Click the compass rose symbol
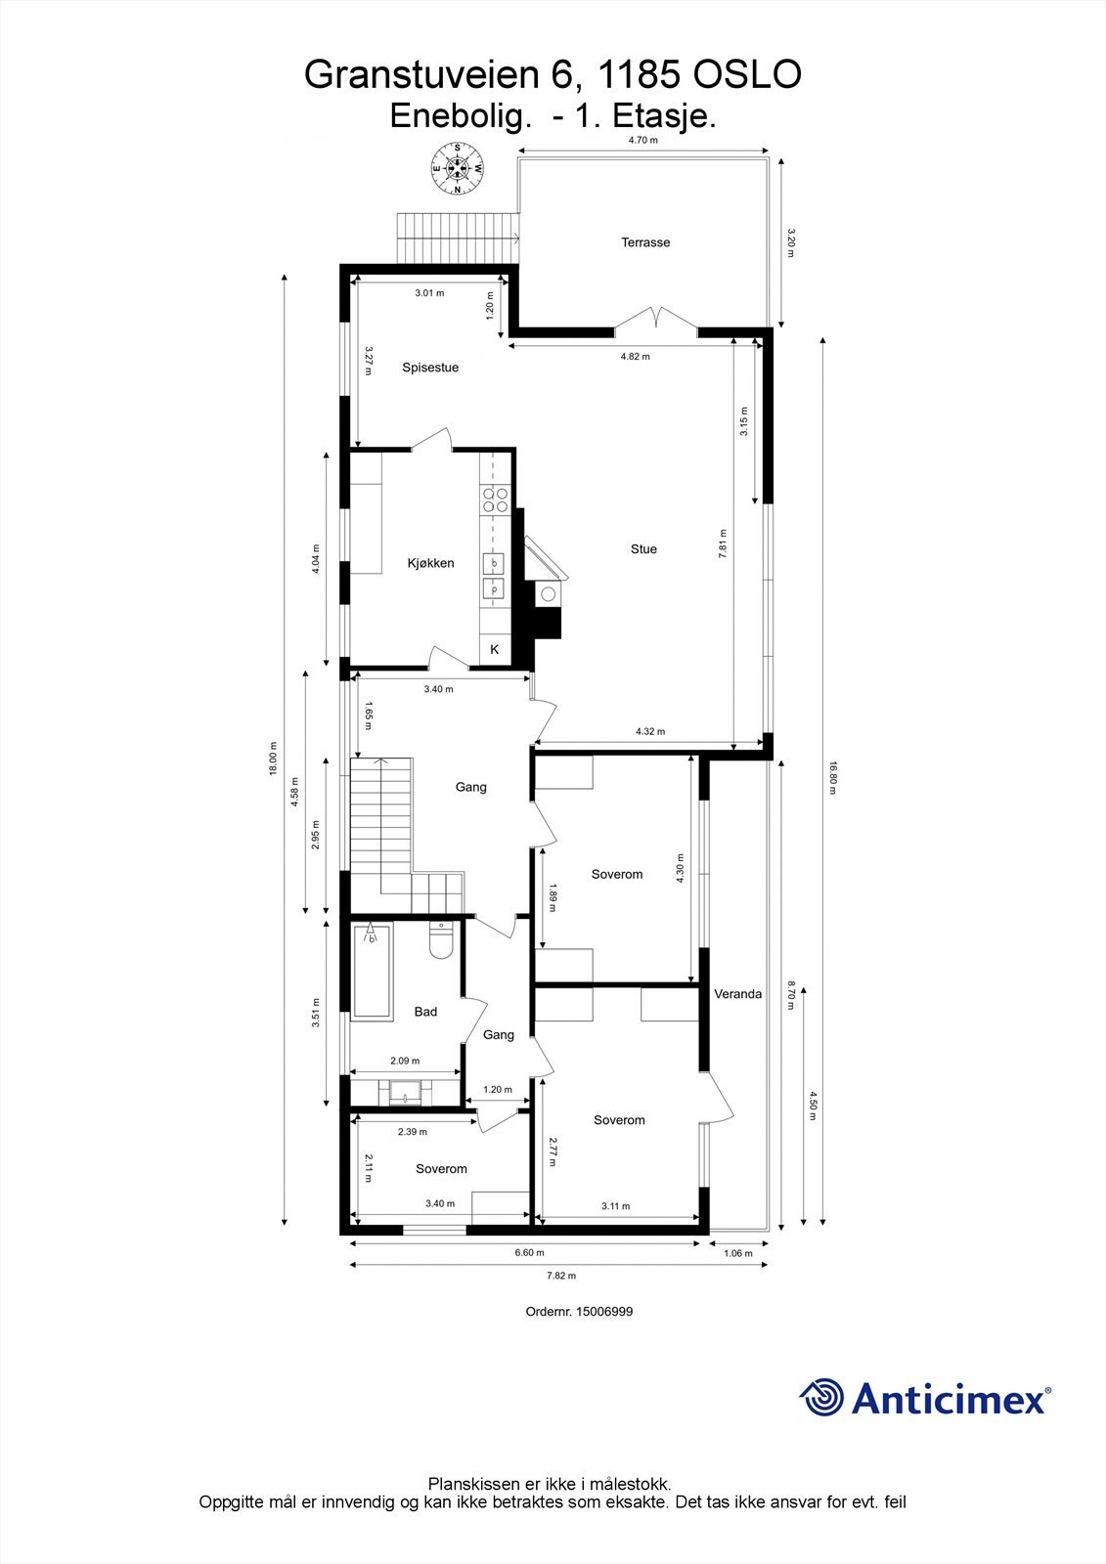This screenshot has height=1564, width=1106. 458,167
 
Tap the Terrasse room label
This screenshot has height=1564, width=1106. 645,242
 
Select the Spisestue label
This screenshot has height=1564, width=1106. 430,368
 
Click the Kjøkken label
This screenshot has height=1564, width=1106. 430,563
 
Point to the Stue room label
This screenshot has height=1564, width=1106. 643,549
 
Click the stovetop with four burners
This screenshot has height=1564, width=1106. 494,500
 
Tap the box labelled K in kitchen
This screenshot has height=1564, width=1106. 494,649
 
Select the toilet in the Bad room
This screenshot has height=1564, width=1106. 440,942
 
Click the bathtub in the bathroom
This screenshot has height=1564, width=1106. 371,971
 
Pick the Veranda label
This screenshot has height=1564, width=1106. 737,994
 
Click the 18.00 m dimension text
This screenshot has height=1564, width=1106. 273,758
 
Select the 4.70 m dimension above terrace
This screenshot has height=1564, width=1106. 642,141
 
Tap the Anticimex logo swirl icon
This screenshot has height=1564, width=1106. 821,1398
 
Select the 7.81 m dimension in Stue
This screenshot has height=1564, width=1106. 723,543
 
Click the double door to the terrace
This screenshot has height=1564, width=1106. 656,321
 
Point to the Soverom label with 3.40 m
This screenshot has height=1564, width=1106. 441,1169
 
